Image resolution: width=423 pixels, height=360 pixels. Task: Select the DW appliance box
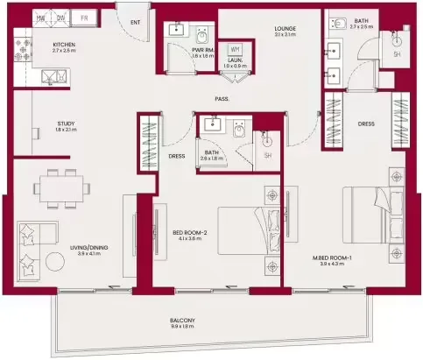[x=61, y=18]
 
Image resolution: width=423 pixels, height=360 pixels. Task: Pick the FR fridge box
[x=85, y=18]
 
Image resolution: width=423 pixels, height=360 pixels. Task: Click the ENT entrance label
[x=134, y=22]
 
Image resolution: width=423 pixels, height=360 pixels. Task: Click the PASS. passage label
[x=222, y=99]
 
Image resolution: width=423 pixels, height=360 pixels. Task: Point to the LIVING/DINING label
[x=89, y=248]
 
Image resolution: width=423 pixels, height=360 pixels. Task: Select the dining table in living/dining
[x=64, y=187]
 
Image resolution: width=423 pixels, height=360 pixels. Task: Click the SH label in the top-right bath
[x=397, y=53]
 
